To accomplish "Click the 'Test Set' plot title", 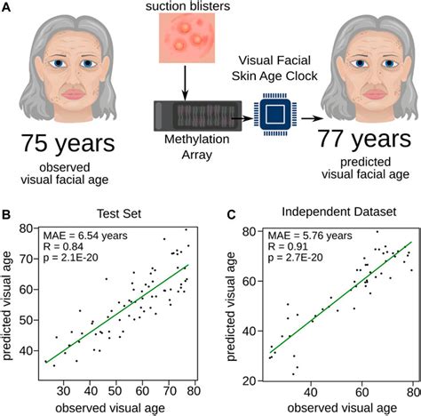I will click(x=120, y=215).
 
